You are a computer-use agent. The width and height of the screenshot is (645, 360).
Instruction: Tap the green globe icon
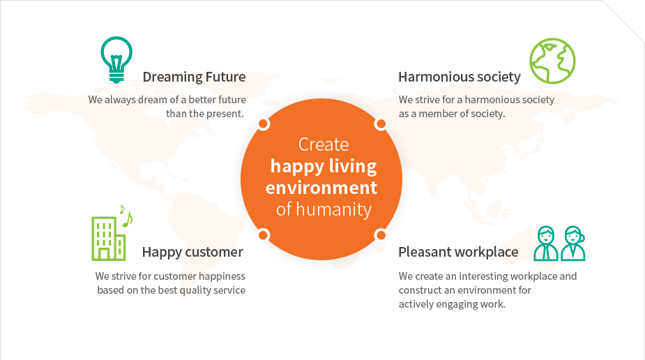552,61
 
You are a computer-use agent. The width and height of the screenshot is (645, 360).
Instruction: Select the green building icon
109,238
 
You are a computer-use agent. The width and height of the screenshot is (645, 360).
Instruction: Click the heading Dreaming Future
194,77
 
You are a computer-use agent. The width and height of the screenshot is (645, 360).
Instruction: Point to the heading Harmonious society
459,77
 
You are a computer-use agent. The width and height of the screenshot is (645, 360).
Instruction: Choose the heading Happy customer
192,252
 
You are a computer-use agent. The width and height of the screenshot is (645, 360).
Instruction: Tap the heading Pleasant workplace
458,252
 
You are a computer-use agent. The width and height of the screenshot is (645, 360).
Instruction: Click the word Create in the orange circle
324,144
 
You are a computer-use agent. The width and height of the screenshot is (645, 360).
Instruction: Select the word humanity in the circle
333,209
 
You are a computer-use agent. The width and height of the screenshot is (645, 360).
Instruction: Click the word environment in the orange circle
321,188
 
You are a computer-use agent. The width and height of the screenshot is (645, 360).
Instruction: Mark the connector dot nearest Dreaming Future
264,124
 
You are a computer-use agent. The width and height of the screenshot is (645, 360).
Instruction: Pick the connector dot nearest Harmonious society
381,123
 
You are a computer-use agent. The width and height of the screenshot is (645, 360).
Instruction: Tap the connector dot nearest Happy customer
264,235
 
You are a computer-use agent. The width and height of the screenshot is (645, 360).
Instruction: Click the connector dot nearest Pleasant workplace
381,235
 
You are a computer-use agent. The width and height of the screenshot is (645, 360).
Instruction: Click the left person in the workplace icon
546,243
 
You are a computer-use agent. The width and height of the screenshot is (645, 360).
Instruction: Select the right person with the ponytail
573,243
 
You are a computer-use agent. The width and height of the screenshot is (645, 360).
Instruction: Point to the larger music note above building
128,220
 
